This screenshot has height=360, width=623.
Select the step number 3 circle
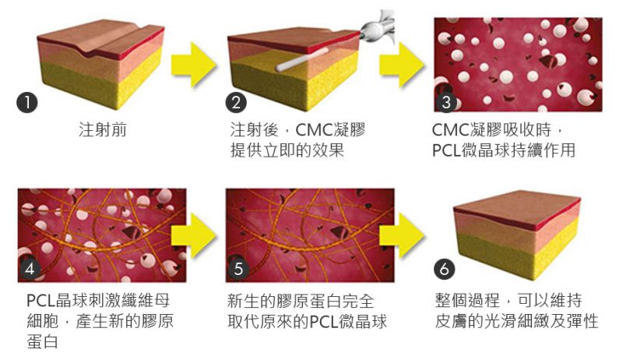coord(445,102)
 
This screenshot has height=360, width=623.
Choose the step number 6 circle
coord(444,270)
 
